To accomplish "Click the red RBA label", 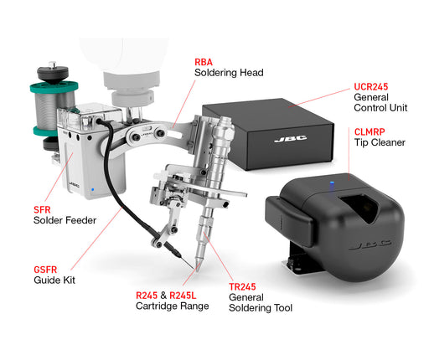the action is pos(204,62).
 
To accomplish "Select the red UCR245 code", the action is pos(371,86).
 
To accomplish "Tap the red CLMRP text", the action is pos(370,131).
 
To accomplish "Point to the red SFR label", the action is pos(42,209).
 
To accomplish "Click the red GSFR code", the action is pos(45,270).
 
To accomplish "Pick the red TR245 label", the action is pos(242,286).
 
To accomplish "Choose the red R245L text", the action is pos(183,296).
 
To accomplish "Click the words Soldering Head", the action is pos(229,73).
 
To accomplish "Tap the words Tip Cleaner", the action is pos(380,142).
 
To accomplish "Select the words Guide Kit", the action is pos(54,280).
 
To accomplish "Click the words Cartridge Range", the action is pos(173,306).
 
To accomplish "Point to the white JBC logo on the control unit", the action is pos(291,139).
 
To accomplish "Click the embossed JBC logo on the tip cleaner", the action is pos(370,245).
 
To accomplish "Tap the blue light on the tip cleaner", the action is pos(332,184).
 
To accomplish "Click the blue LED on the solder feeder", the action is pos(92,190).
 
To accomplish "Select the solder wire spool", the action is pos(54,109).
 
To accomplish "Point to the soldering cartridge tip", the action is pos(197,267).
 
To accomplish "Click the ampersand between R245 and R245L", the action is pos(163,296).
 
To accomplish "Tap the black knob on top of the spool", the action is pos(53,73).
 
